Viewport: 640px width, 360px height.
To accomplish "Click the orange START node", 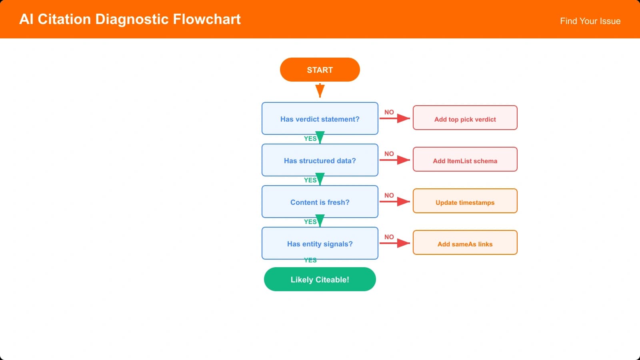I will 320,70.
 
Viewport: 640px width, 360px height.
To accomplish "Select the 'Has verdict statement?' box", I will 320,118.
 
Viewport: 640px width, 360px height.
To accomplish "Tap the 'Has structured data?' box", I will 320,160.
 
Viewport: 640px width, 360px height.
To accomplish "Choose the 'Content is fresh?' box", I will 320,202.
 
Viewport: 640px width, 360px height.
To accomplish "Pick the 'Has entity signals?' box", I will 320,243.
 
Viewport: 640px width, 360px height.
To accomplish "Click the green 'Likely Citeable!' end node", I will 320,279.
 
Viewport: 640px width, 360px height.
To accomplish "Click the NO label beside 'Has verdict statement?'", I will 389,112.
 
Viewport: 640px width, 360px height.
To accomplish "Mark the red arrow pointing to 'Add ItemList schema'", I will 395,160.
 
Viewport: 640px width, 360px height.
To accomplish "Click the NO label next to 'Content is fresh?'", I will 389,195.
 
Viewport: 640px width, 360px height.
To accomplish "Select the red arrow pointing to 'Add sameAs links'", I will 395,243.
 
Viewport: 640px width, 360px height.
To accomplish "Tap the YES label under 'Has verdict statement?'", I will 310,138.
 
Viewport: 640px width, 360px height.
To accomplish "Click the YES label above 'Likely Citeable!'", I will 310,260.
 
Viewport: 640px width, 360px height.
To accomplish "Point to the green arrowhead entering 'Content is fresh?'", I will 320,179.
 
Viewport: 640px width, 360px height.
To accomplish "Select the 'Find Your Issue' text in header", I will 590,21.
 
